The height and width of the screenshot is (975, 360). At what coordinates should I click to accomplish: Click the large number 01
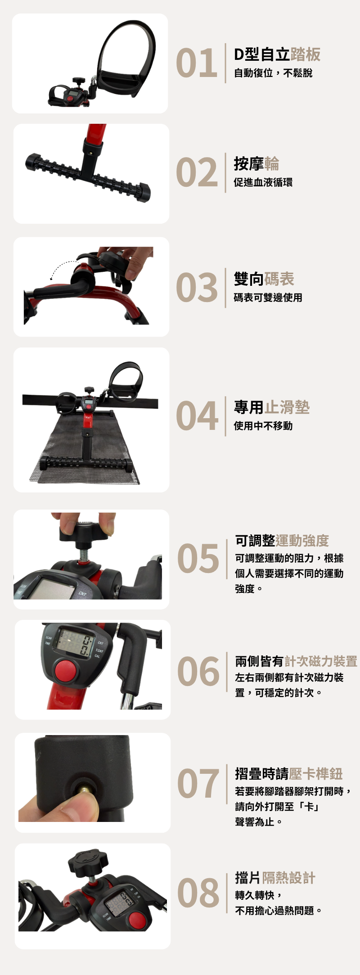197,63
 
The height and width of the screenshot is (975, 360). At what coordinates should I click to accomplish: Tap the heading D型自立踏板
277,54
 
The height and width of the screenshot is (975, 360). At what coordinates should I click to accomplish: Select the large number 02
197,172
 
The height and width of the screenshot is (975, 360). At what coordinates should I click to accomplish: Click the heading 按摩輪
256,163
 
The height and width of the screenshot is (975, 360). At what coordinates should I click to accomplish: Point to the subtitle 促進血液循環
263,182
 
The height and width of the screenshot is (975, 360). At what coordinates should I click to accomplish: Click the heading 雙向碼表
264,279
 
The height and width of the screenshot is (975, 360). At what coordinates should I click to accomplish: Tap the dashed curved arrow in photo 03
62,267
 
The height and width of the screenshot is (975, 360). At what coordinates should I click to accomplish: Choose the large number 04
197,416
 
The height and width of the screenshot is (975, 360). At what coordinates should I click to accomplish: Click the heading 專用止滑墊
272,407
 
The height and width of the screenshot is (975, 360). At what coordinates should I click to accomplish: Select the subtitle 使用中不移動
263,426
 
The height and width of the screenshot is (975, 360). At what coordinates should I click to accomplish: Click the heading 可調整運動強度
282,541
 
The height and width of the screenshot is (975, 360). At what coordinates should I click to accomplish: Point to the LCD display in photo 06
75,643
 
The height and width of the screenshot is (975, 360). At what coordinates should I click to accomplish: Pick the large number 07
198,784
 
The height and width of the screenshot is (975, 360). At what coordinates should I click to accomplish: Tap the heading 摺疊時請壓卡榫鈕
289,774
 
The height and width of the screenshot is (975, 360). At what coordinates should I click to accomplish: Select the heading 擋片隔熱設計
275,878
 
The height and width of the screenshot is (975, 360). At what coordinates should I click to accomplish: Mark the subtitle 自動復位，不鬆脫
273,73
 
